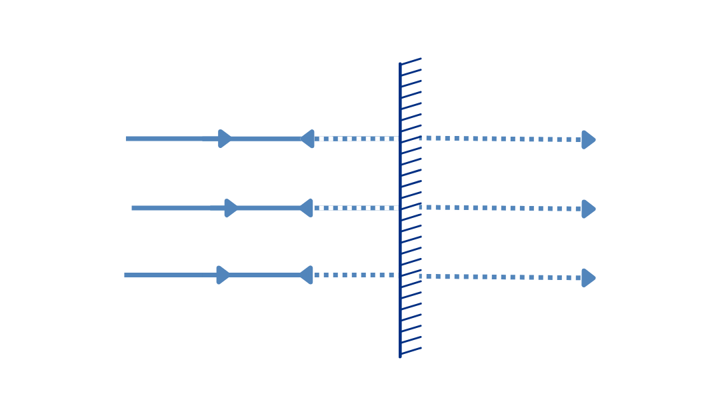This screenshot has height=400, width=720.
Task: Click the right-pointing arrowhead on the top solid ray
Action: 225,139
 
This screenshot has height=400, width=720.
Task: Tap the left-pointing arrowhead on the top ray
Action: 307,139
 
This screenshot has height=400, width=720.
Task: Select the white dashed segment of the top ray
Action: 357,139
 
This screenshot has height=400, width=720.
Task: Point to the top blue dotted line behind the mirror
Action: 500,139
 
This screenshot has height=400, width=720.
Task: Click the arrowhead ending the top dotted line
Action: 588,139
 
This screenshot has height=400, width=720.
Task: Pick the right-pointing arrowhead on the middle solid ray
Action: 231,208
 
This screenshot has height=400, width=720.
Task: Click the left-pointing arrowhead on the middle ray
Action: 306,208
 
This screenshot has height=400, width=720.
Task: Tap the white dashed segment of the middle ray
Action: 357,208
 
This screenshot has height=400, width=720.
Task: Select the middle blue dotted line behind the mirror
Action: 500,208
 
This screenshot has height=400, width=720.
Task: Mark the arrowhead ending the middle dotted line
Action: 588,209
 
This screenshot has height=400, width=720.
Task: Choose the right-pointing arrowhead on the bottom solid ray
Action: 223,275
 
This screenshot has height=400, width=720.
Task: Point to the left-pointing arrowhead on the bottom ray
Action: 306,275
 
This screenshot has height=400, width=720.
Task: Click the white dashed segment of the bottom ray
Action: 357,275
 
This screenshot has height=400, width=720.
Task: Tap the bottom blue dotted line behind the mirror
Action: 500,277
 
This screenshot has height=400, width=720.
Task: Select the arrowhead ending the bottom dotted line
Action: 588,277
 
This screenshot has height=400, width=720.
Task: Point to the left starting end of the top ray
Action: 127,139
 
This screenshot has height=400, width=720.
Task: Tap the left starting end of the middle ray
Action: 133,208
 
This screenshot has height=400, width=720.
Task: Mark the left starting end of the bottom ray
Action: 126,275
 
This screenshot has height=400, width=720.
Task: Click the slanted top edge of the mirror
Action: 411,61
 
